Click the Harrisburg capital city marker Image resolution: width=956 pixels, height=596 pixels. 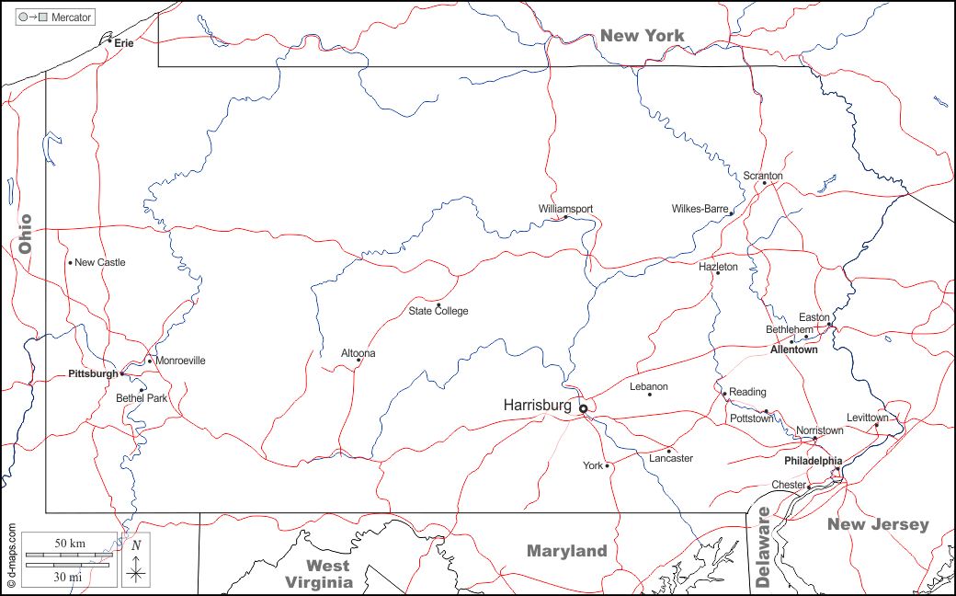coord(583,408)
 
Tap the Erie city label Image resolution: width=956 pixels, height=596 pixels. coord(124,43)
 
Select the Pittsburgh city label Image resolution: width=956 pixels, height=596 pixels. coord(93,374)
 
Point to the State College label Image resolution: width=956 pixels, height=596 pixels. coord(438,311)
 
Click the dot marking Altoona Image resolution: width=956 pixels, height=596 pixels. coord(358,361)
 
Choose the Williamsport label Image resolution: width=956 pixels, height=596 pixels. coord(565,209)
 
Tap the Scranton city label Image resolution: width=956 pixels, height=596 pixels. coord(763,176)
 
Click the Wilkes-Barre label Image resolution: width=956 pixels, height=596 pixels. coord(700,209)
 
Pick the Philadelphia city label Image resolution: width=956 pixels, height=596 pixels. coord(813,461)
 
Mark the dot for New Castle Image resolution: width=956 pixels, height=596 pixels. coord(70,263)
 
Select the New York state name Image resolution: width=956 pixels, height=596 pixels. coord(643,36)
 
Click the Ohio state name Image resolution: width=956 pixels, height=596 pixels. coord(25,234)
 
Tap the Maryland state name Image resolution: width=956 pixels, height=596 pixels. coord(566,551)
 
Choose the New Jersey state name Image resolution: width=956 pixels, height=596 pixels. coord(878,524)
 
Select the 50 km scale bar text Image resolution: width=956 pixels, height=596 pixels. coord(70,544)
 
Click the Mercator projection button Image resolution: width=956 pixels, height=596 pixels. coord(56,17)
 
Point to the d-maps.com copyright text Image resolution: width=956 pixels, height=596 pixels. coord(11,556)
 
